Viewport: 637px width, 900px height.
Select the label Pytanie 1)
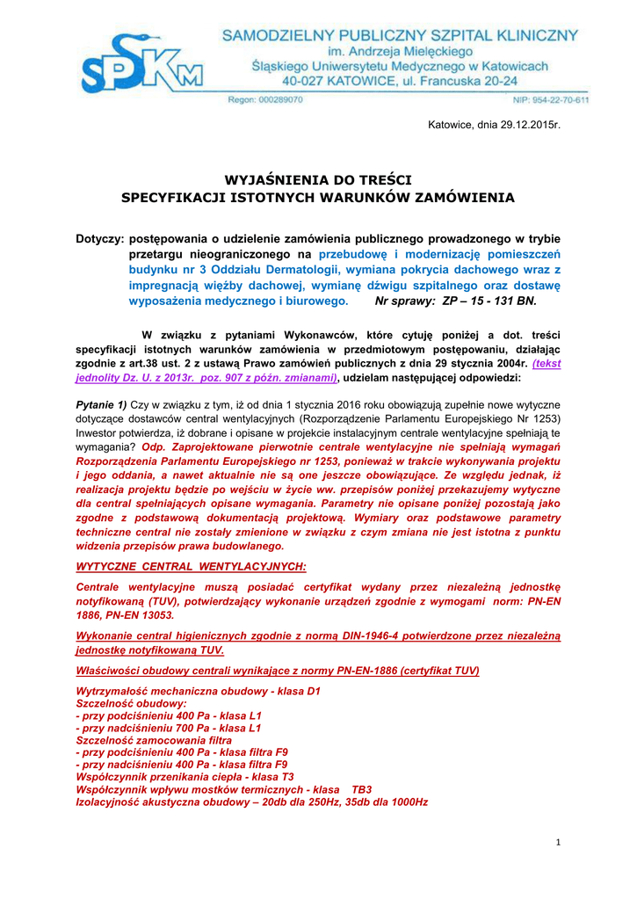[102, 405]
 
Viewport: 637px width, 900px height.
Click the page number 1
[558, 843]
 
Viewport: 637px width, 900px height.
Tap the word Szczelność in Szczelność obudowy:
[105, 703]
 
